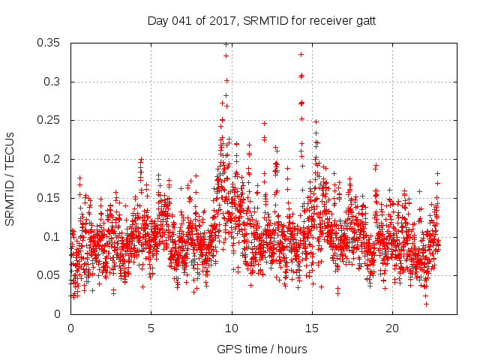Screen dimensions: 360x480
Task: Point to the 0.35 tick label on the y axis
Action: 49,43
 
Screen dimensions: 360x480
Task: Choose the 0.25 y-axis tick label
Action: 49,121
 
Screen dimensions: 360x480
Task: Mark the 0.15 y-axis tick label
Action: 49,198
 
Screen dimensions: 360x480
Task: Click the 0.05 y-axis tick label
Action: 49,275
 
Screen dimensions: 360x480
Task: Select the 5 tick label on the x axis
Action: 151,328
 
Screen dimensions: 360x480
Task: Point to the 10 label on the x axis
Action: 232,328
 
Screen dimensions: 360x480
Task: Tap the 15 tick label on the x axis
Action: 312,328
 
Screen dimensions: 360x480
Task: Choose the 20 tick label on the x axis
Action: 392,328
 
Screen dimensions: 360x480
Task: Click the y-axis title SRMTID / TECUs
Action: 10,178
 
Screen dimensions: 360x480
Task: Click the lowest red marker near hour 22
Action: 426,304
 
